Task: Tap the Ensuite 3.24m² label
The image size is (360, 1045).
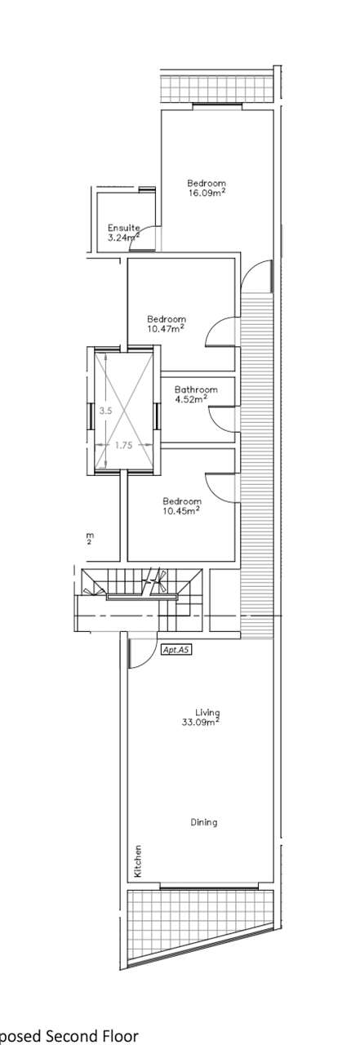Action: (124, 233)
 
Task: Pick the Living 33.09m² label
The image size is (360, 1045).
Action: (202, 717)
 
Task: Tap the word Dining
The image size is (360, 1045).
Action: (204, 822)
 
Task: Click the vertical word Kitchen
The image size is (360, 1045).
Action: (138, 860)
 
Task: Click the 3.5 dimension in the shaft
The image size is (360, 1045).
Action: (106, 411)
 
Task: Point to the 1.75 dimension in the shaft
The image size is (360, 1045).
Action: (123, 445)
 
